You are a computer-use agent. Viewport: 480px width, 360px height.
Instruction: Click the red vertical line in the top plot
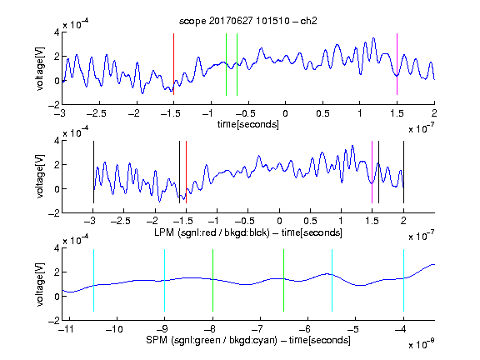tap(173, 64)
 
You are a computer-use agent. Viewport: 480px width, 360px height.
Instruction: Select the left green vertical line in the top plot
tap(226, 64)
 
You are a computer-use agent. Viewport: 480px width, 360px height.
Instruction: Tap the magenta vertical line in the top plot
tap(397, 64)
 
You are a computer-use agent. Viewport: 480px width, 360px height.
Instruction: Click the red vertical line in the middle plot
tap(186, 172)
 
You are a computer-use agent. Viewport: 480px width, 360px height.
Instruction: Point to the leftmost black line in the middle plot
tap(93, 172)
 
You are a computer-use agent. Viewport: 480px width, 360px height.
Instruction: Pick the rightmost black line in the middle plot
tap(403, 172)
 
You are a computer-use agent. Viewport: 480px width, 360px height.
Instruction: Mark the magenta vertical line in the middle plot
tap(372, 172)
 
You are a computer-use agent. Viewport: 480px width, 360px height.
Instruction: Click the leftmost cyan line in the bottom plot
tap(93, 280)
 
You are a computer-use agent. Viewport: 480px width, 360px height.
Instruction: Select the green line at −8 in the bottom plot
tap(212, 280)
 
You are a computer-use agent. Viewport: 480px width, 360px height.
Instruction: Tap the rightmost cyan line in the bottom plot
tap(403, 280)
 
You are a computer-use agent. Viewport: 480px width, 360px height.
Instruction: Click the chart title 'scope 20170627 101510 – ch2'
tap(248, 21)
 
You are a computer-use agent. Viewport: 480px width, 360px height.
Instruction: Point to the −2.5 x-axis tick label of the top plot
tap(96, 113)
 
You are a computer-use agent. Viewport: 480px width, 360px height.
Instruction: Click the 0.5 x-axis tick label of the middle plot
tap(310, 221)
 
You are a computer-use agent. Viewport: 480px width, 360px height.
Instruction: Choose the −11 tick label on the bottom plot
tap(66, 329)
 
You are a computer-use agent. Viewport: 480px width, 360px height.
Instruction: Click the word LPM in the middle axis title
tap(164, 232)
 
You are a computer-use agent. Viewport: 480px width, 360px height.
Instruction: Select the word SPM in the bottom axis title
tap(157, 340)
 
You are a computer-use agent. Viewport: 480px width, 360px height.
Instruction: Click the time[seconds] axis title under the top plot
tap(248, 124)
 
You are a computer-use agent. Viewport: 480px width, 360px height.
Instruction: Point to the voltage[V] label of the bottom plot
tap(40, 284)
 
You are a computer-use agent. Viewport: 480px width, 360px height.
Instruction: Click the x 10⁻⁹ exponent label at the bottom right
tap(421, 344)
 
